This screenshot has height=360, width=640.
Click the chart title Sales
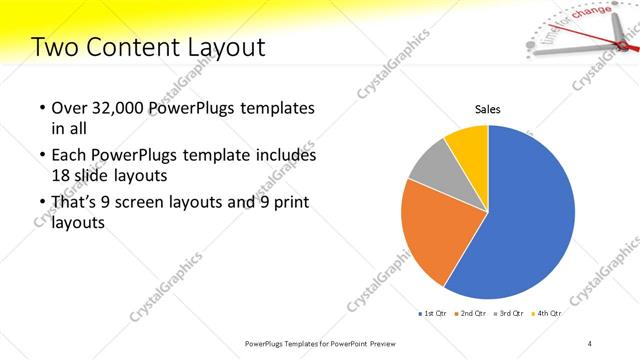(x=487, y=109)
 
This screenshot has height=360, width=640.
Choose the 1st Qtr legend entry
(x=433, y=314)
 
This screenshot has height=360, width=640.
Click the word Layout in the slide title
(x=228, y=47)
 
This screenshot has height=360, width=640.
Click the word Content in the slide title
(x=137, y=47)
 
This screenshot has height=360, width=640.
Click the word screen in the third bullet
(x=147, y=203)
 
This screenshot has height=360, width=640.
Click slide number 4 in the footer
(x=590, y=343)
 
